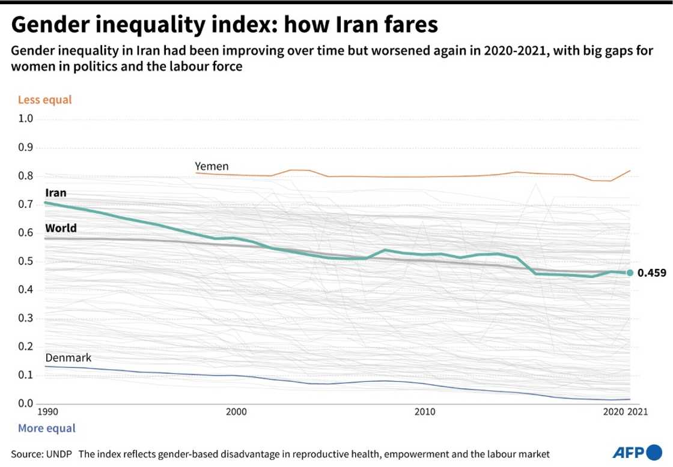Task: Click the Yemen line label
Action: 212,166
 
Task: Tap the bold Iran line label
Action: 56,193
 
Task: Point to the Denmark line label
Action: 68,358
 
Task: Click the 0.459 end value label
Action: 651,273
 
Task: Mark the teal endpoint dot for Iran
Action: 630,273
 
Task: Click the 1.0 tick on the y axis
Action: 26,119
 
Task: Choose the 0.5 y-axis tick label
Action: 26,261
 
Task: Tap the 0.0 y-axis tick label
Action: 26,403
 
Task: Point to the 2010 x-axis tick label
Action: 425,412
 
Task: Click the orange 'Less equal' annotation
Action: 45,100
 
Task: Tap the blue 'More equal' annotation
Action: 47,429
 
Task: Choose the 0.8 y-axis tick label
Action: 26,176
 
